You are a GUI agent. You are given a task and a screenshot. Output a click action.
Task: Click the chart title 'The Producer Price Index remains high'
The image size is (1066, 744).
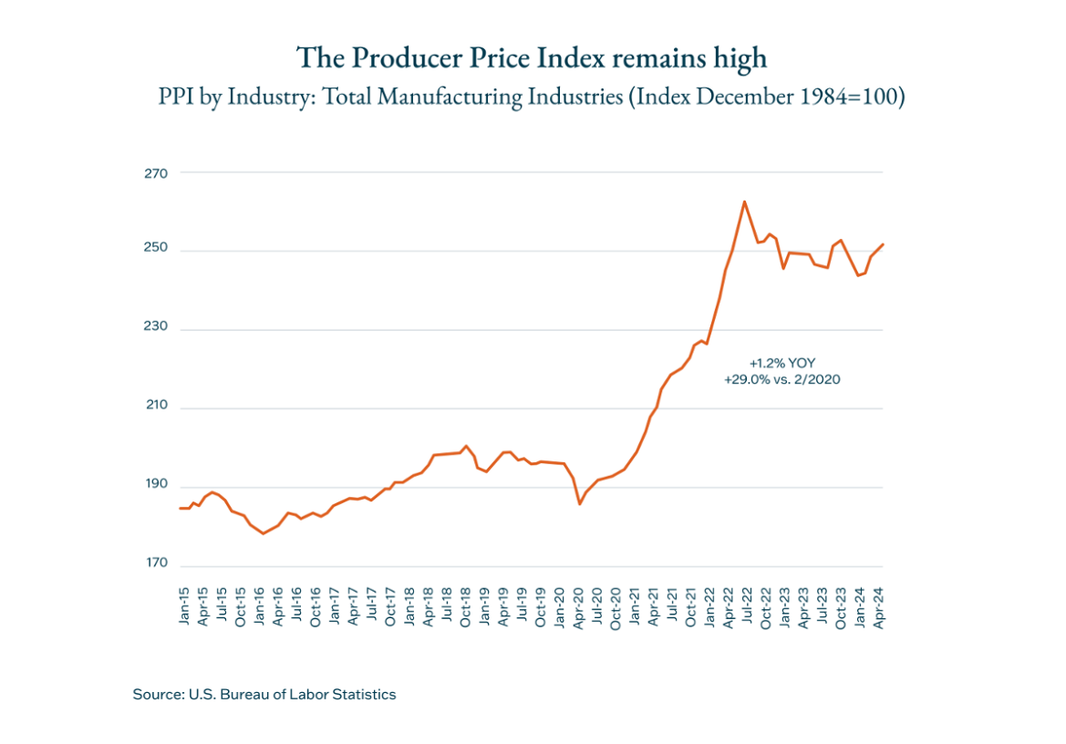pyautogui.click(x=532, y=58)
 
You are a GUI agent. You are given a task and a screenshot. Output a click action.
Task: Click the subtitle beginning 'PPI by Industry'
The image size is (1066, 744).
pyautogui.click(x=532, y=97)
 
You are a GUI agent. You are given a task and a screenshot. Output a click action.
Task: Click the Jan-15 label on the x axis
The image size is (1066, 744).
pyautogui.click(x=185, y=606)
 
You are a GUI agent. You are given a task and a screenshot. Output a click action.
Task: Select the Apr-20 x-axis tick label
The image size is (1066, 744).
pyautogui.click(x=578, y=606)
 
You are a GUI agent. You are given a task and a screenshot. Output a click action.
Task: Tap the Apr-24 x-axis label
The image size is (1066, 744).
pyautogui.click(x=878, y=606)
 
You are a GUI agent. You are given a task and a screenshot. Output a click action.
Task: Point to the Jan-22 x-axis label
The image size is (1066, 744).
pyautogui.click(x=709, y=606)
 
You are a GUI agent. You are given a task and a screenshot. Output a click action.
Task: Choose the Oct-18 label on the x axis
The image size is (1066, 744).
pyautogui.click(x=466, y=606)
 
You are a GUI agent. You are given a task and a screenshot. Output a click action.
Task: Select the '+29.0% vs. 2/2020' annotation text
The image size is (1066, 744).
pyautogui.click(x=781, y=378)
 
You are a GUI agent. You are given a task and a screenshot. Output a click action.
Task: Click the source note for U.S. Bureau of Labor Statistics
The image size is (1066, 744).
pyautogui.click(x=264, y=695)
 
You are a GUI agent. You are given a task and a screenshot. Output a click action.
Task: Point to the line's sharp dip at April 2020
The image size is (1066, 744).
pyautogui.click(x=579, y=503)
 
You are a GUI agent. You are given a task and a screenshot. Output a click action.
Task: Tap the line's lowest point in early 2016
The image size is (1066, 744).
pyautogui.click(x=264, y=533)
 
